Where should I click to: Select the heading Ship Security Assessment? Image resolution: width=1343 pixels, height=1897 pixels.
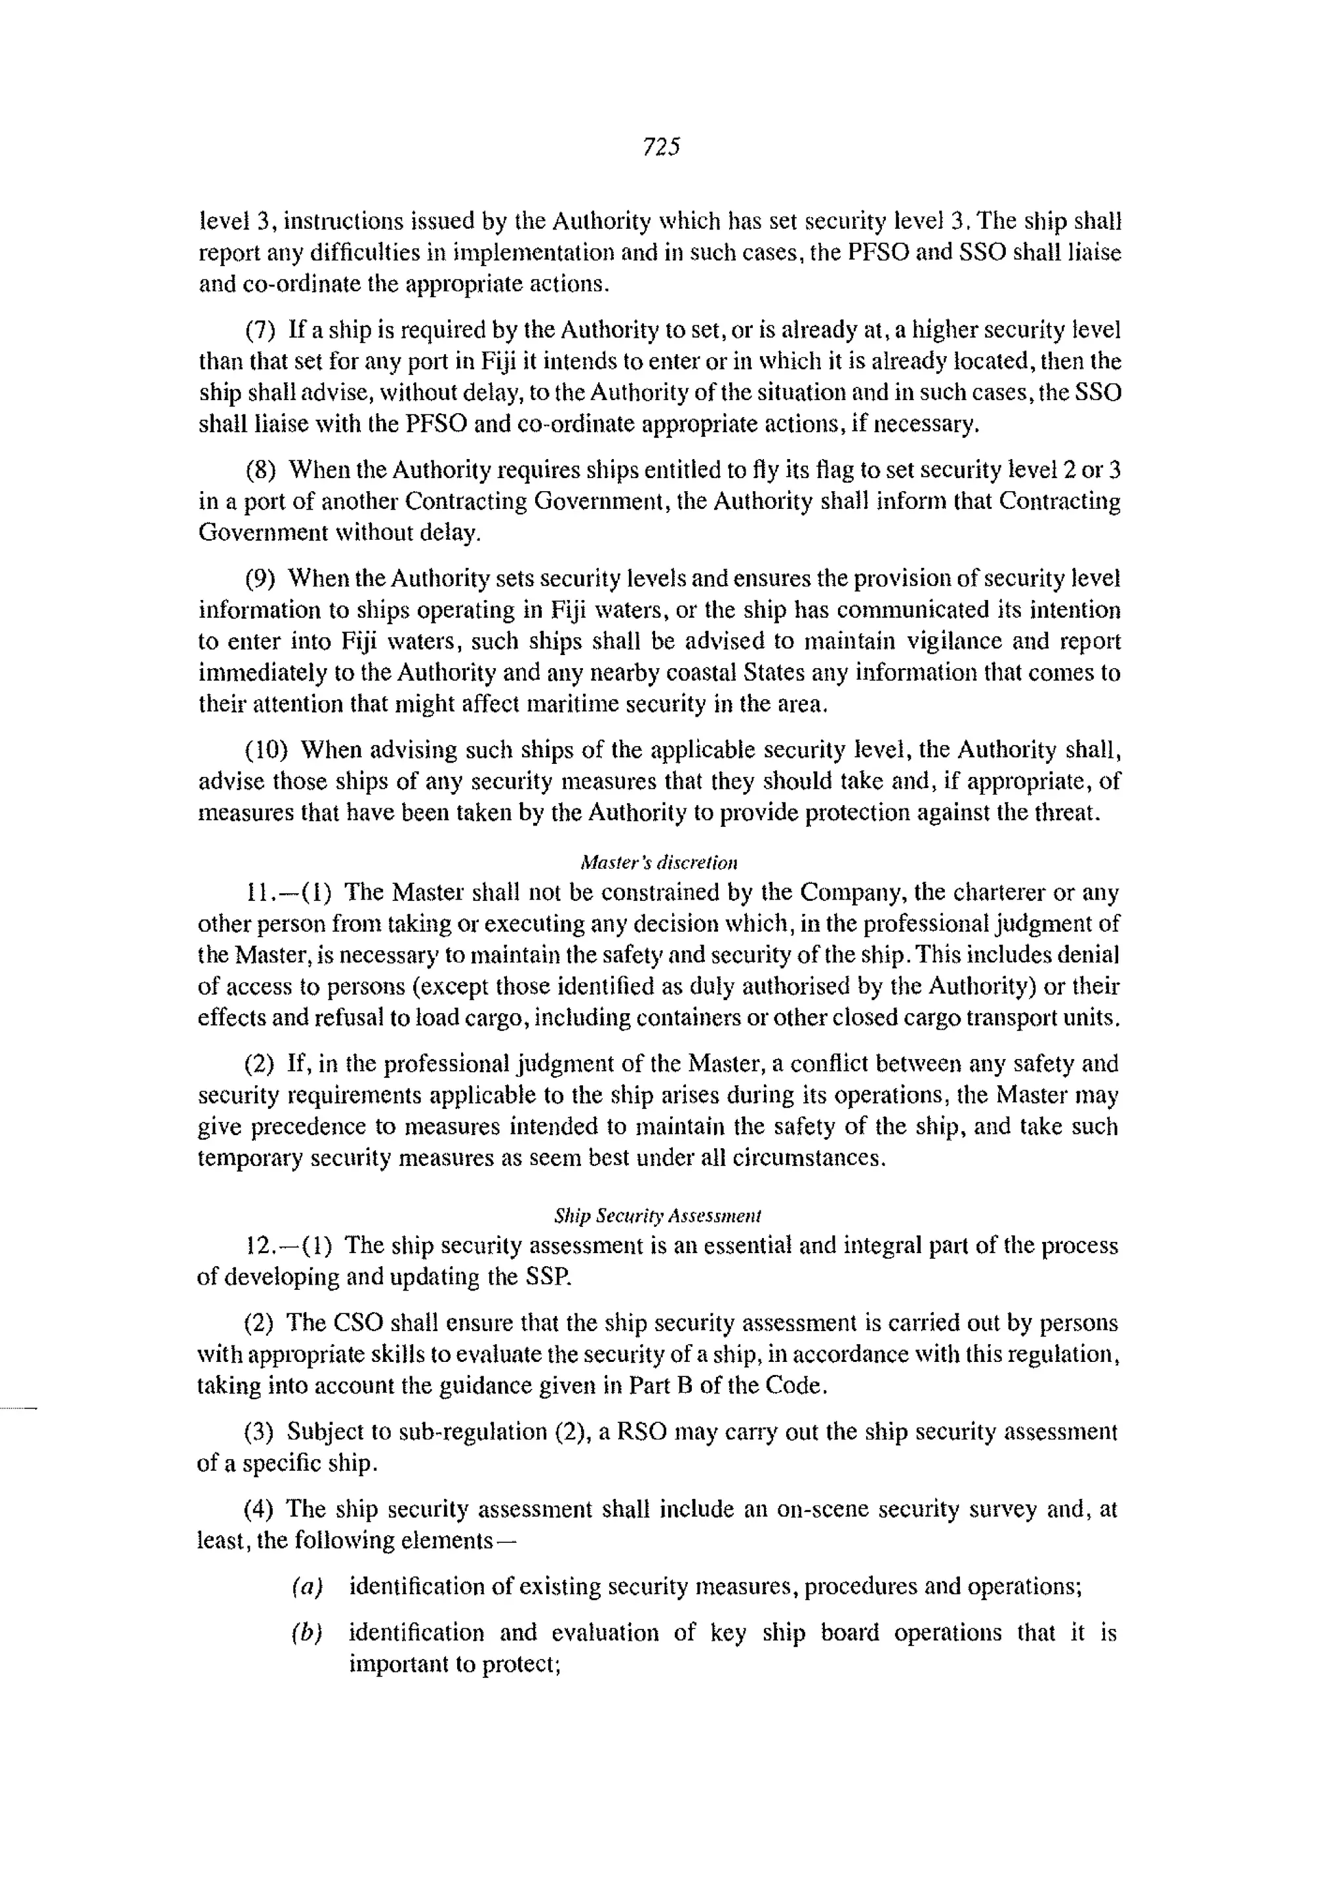coord(658,1216)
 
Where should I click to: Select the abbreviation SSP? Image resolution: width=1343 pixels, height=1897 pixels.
coord(547,1277)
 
